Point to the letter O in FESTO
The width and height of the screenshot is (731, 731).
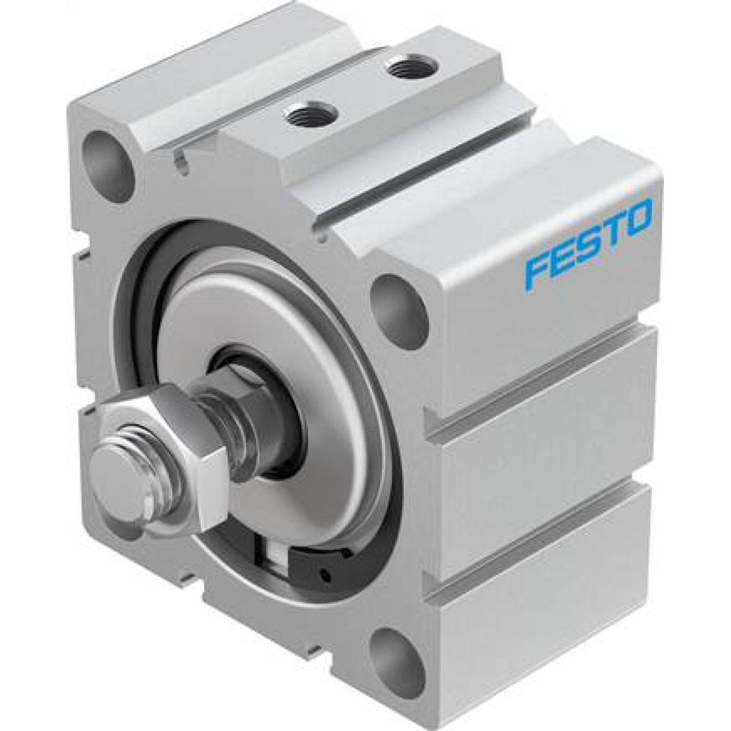pyautogui.click(x=637, y=217)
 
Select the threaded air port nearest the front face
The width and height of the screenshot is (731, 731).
pyautogui.click(x=309, y=113)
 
